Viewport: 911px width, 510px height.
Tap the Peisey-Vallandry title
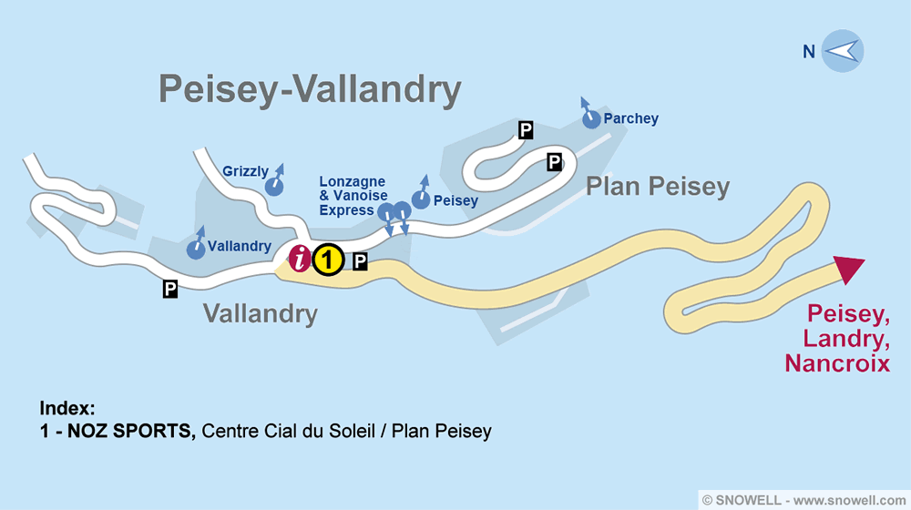click(310, 90)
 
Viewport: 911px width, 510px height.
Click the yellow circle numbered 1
click(328, 260)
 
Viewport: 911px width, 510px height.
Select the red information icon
click(300, 260)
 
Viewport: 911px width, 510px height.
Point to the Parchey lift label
click(630, 118)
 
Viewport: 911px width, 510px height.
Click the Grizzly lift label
click(245, 171)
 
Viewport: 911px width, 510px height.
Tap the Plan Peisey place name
click(657, 187)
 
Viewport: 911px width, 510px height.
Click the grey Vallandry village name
click(260, 314)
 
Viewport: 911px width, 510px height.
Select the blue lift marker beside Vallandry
click(195, 248)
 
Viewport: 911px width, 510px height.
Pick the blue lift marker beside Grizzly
click(273, 186)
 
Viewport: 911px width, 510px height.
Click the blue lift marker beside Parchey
click(591, 117)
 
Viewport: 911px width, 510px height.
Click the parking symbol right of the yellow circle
click(360, 262)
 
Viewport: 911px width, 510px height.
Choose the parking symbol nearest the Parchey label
click(525, 130)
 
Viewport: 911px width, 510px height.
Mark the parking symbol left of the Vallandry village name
click(169, 289)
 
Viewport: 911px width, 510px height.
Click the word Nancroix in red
click(837, 363)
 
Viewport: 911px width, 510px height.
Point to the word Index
click(67, 408)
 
